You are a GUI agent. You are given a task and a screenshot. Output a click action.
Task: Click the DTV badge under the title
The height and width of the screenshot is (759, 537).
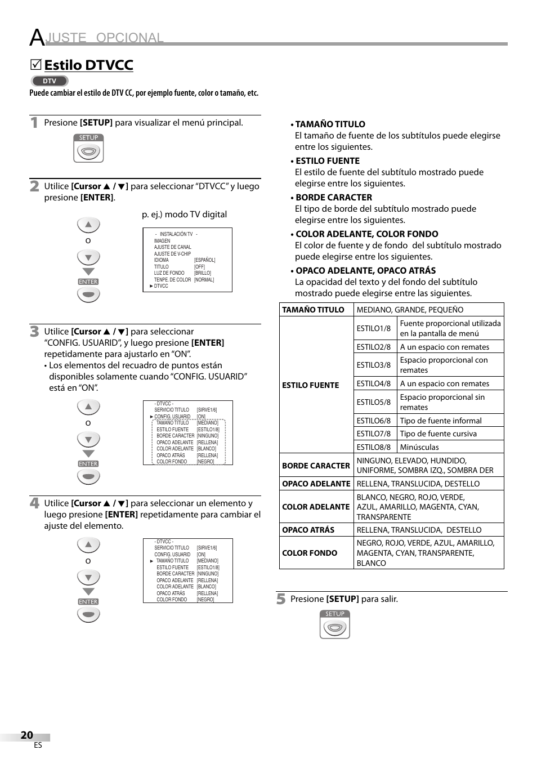[x=49, y=81]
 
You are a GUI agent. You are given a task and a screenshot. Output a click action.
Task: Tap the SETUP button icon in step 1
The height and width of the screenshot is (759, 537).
[x=88, y=148]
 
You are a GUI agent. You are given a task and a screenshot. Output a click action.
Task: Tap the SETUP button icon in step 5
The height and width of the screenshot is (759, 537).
[x=335, y=624]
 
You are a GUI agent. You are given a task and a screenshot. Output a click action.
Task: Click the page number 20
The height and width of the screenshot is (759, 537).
[x=26, y=735]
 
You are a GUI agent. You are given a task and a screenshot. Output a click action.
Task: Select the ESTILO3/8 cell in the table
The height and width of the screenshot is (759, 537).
[x=373, y=365]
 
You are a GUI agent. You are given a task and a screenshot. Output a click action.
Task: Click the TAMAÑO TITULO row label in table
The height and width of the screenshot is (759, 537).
[x=313, y=310]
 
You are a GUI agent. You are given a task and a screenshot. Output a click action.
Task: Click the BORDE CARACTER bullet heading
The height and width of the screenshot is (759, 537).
[x=333, y=198]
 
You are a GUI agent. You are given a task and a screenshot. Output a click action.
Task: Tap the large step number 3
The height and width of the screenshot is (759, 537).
[x=35, y=331]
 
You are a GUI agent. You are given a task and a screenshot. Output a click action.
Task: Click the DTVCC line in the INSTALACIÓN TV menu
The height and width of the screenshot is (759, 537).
[x=161, y=286]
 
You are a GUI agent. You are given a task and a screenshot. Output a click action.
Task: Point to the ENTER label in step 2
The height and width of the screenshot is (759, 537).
[x=88, y=282]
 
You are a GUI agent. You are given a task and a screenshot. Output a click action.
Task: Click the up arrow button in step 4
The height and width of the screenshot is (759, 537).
[x=88, y=545]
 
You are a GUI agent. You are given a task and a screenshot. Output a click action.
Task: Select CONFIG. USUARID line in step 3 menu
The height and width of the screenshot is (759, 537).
[x=172, y=417]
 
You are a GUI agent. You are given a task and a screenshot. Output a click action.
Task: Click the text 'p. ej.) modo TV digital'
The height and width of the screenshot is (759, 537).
[x=184, y=215]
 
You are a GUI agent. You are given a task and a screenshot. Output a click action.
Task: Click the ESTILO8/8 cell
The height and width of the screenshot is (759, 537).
[x=373, y=447]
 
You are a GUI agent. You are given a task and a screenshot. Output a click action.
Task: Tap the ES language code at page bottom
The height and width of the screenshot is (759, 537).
[x=38, y=745]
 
